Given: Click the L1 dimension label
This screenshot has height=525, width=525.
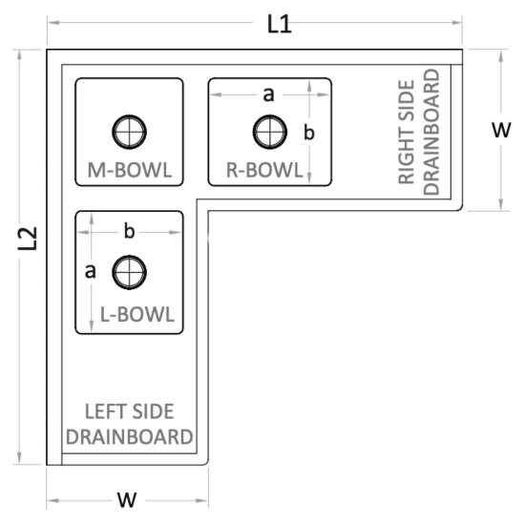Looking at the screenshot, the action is [280, 25].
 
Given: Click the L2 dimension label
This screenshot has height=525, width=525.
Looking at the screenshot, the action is [28, 239].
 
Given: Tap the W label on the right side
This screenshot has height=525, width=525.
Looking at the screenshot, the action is [501, 130].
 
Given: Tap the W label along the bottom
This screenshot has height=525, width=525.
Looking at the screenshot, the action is [127, 500].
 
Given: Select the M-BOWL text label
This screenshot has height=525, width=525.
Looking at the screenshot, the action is [130, 170].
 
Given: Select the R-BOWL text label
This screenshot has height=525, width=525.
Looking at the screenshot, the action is [264, 170].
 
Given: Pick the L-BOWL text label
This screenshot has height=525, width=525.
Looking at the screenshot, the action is [137, 315].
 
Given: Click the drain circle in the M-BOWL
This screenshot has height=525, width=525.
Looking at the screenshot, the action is [129, 132].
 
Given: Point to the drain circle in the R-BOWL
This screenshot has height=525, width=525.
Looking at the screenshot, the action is [270, 132].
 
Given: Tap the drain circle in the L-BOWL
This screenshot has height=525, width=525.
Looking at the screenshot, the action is [129, 272].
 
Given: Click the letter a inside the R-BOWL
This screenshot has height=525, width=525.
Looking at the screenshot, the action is [268, 94].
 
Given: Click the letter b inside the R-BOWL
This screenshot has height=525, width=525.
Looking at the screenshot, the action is [309, 132].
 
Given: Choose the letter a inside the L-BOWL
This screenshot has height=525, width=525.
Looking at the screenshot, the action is [90, 271].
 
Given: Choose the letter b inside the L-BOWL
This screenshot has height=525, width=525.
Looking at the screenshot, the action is [129, 231].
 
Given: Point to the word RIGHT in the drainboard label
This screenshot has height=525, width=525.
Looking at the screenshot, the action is [407, 133].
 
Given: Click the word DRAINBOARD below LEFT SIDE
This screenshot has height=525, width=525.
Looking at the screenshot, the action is [129, 437].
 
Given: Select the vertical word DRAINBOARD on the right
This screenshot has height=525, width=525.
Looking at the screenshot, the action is [431, 132].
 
